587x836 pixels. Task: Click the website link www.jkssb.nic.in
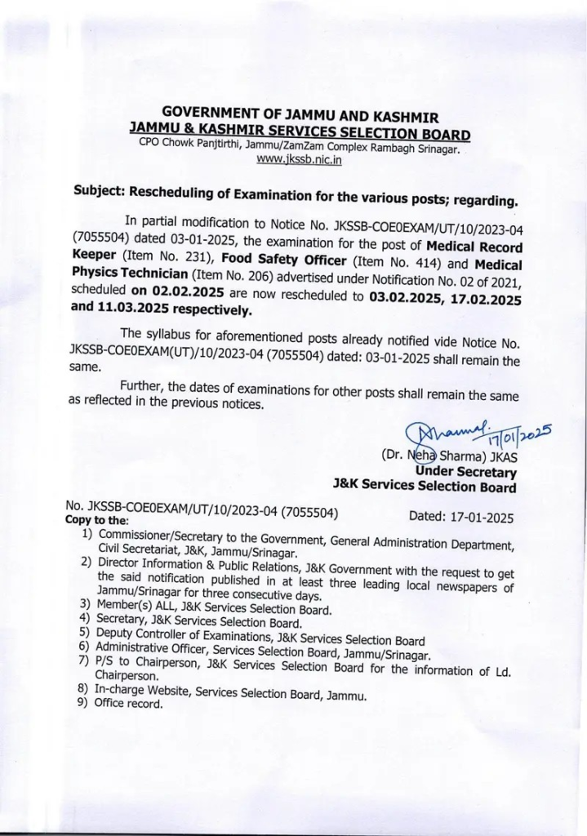[x=299, y=160]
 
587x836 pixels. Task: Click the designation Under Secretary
[x=465, y=472]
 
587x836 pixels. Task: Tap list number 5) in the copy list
[x=85, y=631]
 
